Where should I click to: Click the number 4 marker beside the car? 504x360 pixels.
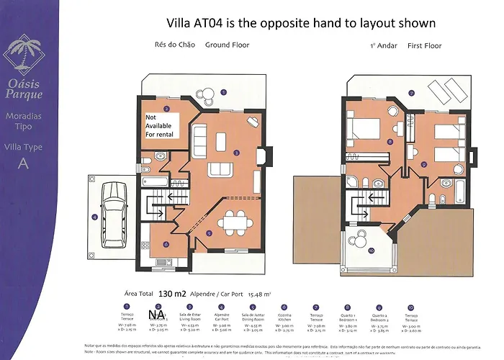[94, 217]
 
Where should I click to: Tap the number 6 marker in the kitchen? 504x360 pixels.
[166, 244]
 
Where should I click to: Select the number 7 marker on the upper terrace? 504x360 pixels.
[411, 93]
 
